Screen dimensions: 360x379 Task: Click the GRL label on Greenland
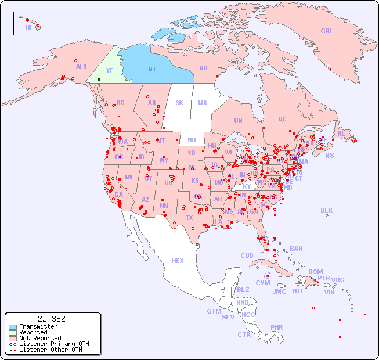coord(327,31)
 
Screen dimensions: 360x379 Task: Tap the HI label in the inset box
coord(28,27)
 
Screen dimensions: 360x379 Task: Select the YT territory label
coord(109,70)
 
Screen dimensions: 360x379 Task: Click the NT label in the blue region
coord(152,69)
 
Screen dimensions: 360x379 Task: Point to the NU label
coord(203,68)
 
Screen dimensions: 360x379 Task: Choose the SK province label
coord(179,103)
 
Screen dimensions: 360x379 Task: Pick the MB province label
coord(203,103)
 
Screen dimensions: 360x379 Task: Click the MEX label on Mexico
coord(178,261)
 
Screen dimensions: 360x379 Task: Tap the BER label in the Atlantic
coord(327,210)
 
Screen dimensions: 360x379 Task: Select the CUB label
coord(247,255)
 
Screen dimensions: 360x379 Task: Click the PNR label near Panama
coord(277,327)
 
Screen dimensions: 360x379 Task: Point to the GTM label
coord(214,311)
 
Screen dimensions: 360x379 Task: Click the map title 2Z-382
coord(51,319)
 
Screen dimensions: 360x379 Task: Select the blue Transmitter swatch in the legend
coord(13,327)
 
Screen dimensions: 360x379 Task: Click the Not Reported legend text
coord(40,338)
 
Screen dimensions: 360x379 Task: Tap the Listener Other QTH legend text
coord(50,350)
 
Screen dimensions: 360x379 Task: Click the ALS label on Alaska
coord(81,67)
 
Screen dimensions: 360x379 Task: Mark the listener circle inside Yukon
coord(99,80)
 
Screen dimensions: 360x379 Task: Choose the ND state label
coord(192,140)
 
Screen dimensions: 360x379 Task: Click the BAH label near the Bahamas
coord(296,249)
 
